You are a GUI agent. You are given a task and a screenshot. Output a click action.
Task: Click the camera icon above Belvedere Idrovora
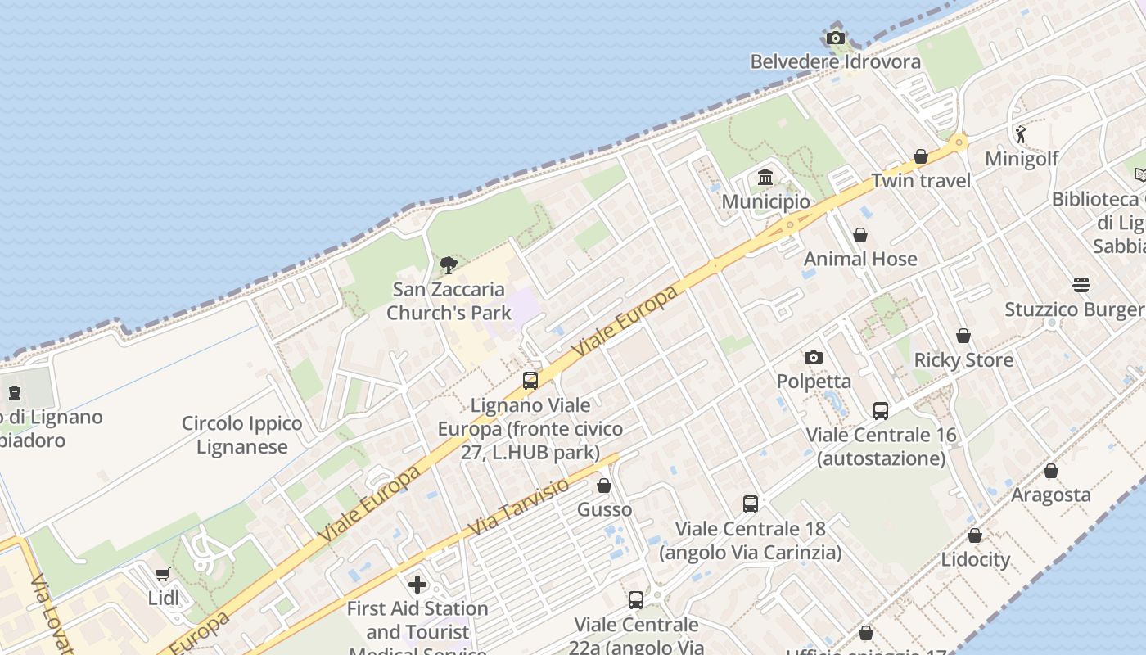tap(836, 38)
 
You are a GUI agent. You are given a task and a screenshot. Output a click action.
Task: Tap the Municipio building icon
tap(765, 177)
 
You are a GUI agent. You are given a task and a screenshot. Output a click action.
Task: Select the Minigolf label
tap(1022, 158)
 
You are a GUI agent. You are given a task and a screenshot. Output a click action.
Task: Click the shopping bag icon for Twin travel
tap(921, 156)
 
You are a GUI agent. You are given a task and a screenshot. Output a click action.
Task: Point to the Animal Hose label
tap(860, 259)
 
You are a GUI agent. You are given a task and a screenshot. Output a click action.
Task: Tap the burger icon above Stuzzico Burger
tap(1081, 285)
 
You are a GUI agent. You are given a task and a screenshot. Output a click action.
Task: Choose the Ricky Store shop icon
tap(963, 336)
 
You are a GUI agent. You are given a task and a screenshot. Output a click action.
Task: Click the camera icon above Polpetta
tap(813, 357)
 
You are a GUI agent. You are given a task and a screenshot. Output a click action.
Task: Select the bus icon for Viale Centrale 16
tap(881, 410)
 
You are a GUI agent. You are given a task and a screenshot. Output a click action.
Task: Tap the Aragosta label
tap(1051, 495)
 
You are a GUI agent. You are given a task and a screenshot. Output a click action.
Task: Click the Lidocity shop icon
tap(975, 535)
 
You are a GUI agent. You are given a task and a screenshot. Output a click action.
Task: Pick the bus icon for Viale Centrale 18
tap(751, 504)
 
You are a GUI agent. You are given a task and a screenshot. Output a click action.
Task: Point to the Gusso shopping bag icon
tap(604, 486)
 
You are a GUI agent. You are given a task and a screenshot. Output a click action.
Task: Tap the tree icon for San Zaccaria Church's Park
tap(448, 264)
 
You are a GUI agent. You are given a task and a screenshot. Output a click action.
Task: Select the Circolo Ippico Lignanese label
tap(241, 435)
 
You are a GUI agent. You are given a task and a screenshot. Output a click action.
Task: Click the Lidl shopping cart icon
tap(163, 574)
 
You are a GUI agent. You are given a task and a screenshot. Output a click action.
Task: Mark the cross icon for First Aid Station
tap(417, 584)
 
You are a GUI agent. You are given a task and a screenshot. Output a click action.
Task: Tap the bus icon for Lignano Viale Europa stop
tap(530, 381)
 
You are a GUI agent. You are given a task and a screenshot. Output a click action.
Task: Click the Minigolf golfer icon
tap(1021, 134)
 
